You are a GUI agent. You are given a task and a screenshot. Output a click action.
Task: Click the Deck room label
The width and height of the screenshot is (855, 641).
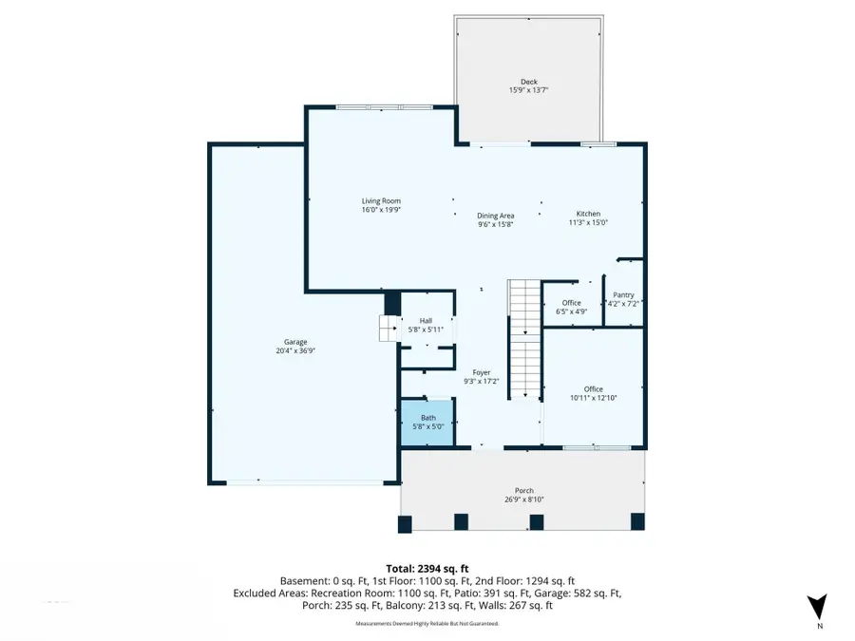[528, 82]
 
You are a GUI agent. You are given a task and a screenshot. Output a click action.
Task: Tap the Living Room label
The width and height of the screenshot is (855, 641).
[381, 200]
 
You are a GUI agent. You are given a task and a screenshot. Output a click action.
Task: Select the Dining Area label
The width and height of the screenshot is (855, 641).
[495, 216]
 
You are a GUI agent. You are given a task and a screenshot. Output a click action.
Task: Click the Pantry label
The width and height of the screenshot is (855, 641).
[623, 294]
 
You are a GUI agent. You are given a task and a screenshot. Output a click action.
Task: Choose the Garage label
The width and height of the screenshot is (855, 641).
[295, 342]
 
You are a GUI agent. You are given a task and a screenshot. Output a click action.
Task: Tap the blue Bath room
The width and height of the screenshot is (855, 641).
[427, 423]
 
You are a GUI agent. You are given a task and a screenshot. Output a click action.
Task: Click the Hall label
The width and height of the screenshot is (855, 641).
[425, 321]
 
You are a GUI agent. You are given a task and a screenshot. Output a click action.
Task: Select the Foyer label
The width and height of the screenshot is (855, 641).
[482, 372]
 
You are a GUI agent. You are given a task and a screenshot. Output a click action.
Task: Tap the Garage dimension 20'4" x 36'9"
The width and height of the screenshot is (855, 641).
[295, 350]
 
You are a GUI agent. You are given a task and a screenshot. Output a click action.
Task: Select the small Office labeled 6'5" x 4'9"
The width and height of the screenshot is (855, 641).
[571, 307]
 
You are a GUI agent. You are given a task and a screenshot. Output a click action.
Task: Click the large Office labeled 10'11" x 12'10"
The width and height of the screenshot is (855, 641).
[593, 393]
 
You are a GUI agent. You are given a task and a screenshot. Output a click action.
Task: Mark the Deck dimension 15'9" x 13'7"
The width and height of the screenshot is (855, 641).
[528, 90]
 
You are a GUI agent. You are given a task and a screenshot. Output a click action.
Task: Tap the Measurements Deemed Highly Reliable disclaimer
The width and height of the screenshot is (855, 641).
[427, 624]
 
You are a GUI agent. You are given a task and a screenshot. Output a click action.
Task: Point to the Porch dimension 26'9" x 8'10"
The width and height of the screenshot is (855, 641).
[524, 500]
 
